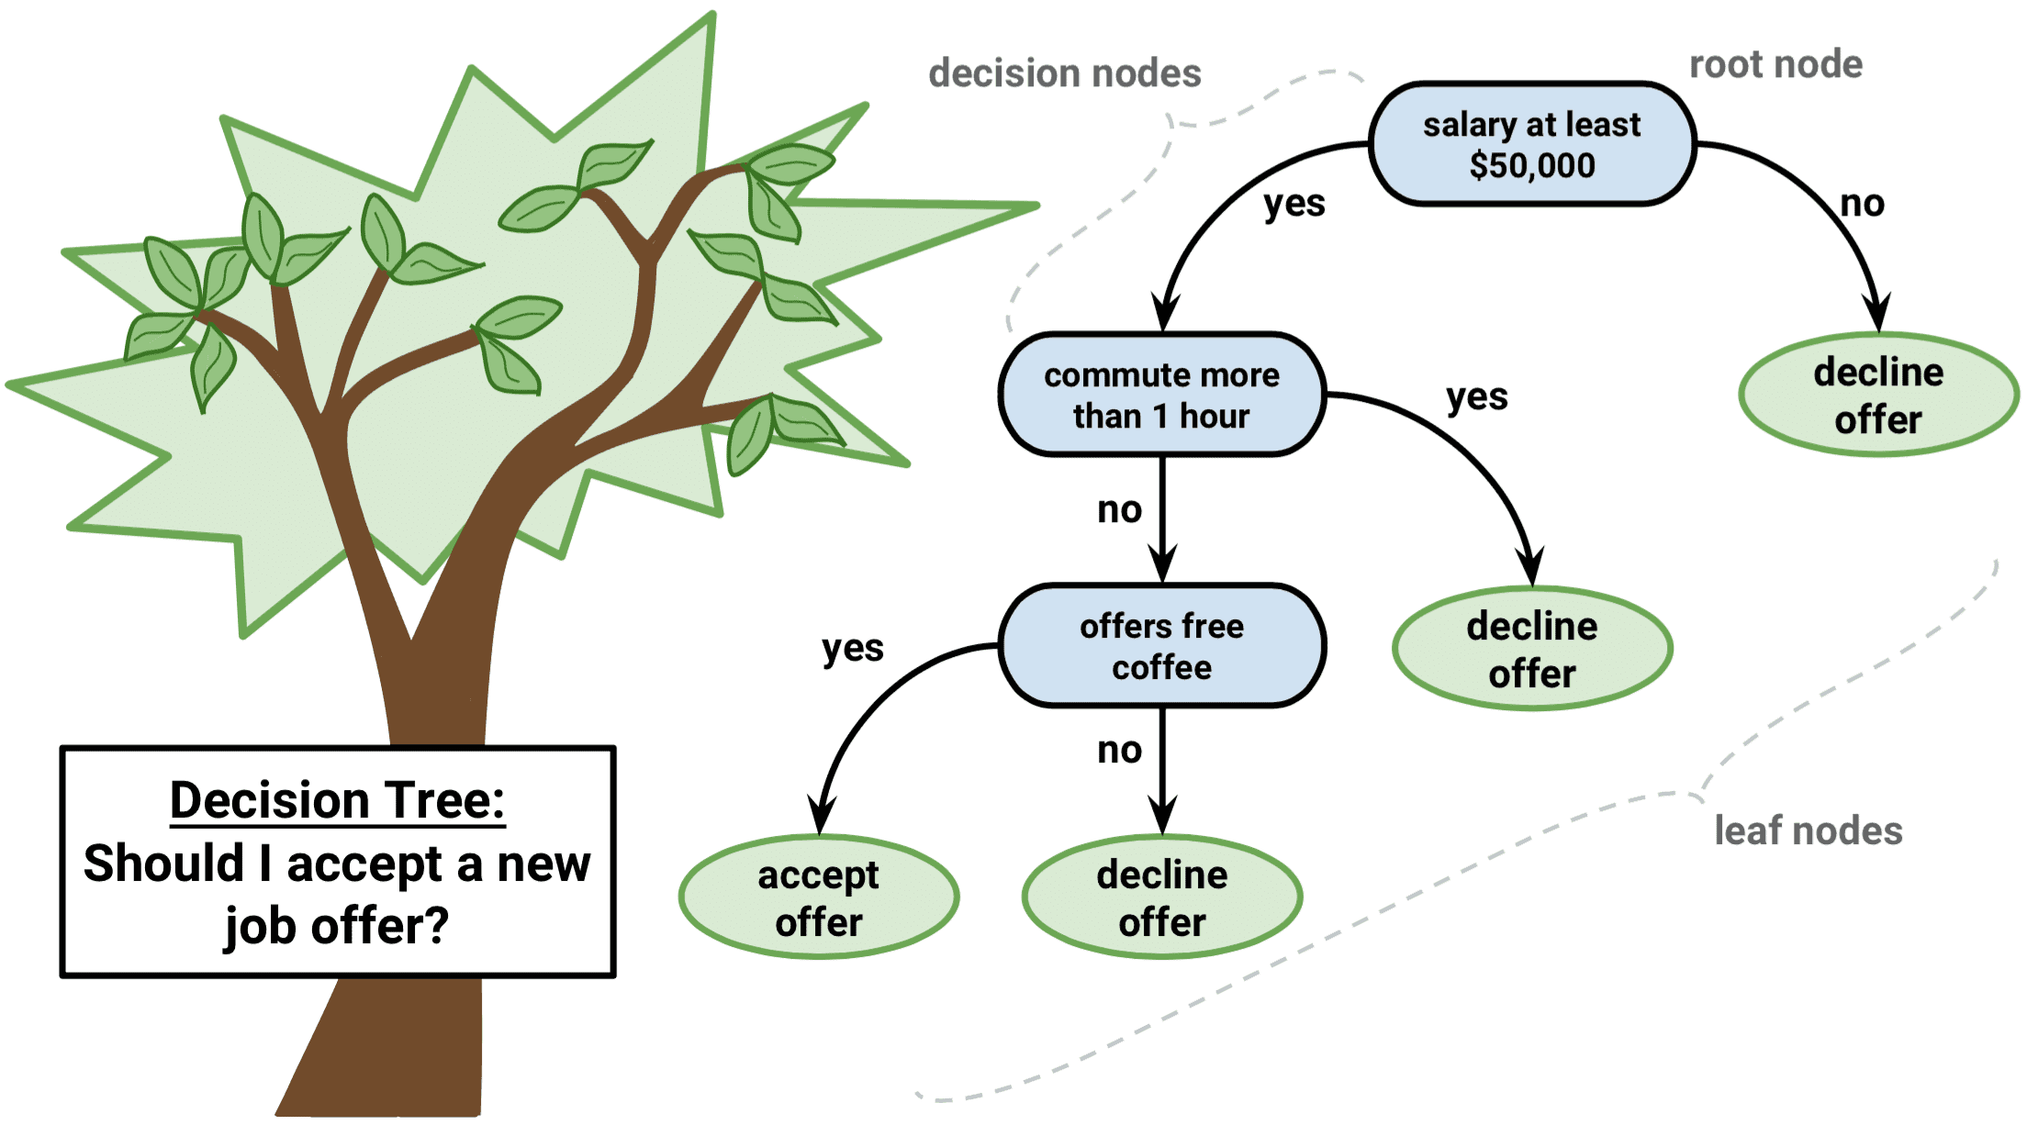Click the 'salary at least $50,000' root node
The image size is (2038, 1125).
(1531, 144)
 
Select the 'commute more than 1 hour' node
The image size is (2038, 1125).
(1161, 395)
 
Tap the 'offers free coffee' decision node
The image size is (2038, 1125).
(1161, 646)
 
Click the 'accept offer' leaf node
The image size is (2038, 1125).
(818, 897)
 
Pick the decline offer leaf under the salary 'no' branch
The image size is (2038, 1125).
(1878, 395)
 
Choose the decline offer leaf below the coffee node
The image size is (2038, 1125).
(1161, 897)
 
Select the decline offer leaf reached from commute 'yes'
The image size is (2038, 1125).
(1531, 649)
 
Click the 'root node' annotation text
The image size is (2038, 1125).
(1775, 64)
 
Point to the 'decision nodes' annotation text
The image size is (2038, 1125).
(1064, 73)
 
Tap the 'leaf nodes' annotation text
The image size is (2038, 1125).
(1808, 830)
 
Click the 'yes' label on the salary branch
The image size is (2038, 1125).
(1293, 204)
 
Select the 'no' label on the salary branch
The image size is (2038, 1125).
(1862, 204)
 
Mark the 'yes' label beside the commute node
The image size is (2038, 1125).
(1476, 397)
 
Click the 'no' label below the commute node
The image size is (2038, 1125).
(1119, 509)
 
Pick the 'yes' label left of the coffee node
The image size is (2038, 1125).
(852, 649)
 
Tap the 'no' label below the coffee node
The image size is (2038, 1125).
(1119, 751)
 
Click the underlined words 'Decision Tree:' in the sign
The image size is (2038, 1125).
(337, 800)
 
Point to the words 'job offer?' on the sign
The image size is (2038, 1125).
(337, 925)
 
